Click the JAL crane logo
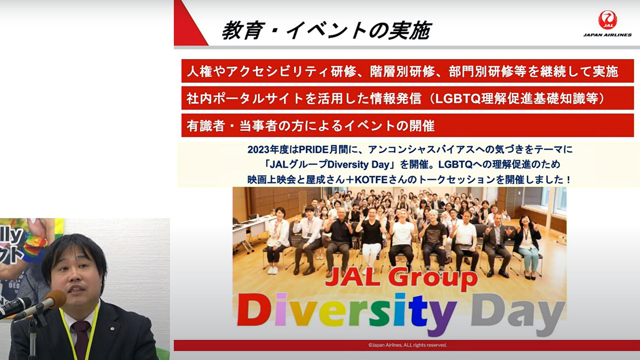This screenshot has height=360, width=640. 607,20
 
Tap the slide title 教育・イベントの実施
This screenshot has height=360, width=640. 327,30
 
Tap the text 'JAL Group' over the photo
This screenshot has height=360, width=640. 401,278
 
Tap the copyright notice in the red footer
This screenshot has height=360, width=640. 407,345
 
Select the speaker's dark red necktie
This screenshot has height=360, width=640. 81,339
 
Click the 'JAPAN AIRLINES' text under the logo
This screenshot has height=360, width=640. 607,35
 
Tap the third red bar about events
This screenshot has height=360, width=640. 407,125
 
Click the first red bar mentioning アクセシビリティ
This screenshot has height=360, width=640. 407,71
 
